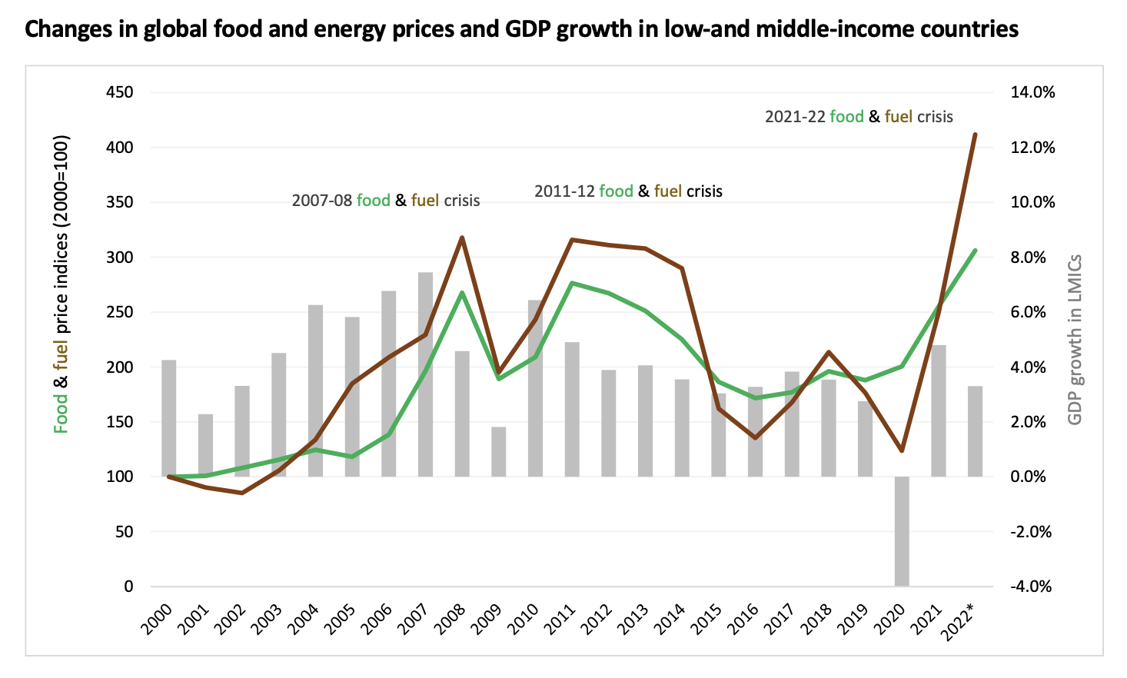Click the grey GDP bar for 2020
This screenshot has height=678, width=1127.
click(902, 530)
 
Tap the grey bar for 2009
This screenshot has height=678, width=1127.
click(499, 452)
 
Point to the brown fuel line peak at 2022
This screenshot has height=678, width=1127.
click(975, 135)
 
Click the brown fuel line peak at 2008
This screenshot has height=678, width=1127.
click(462, 238)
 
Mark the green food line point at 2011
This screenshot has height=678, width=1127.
click(572, 283)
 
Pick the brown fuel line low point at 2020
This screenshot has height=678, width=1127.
click(902, 450)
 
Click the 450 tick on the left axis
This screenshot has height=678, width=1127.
click(118, 92)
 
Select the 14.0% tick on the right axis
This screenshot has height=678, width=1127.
click(1032, 92)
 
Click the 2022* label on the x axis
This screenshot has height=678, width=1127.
click(966, 619)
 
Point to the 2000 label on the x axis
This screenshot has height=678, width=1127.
click(158, 619)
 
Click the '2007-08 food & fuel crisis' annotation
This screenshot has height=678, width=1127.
click(385, 201)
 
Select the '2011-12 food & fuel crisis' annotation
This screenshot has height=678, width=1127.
click(628, 191)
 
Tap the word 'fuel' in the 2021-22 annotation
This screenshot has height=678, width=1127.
click(898, 117)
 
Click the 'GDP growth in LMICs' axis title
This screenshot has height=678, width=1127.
click(1075, 340)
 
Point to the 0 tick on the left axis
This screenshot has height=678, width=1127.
click(128, 587)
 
